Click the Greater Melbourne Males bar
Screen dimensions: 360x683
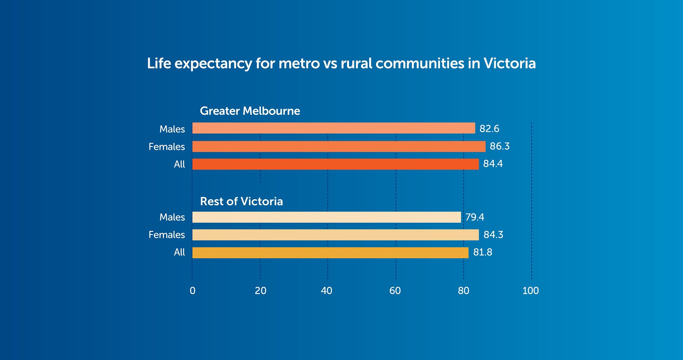333,128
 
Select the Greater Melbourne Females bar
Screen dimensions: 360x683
338,147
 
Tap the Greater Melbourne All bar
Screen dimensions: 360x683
335,164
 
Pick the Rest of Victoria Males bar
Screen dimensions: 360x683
326,217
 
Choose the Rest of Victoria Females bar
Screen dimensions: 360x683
335,235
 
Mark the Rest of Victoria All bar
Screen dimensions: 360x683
330,253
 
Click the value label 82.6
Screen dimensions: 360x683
489,128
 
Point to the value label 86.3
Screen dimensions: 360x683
499,146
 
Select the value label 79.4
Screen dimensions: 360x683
474,217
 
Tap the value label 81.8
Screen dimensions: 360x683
482,252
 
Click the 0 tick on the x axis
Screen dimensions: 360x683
193,291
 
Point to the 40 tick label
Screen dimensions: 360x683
326,291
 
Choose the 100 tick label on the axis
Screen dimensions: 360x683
530,291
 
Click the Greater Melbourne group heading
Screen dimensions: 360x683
250,111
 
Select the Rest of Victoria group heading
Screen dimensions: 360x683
241,202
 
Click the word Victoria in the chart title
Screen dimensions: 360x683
510,64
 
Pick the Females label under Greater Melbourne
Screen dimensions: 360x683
167,147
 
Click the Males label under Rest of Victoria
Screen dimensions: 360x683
172,217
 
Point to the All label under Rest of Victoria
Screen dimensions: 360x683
179,252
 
